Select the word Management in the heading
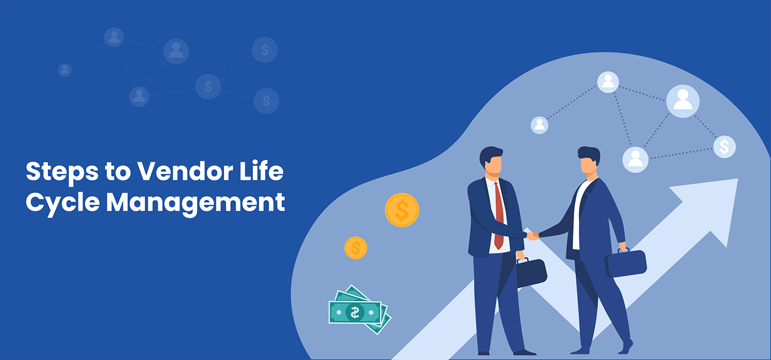point(195,202)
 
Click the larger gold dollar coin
point(401,210)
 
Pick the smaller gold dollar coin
point(356,248)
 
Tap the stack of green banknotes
point(360,310)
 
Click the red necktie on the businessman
point(499,216)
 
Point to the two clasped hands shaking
point(533,236)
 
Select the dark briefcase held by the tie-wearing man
point(531,272)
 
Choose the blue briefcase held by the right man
point(626,263)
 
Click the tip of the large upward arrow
point(738,179)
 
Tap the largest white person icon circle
point(683,101)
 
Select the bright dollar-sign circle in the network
point(725,147)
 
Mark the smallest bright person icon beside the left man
point(539,125)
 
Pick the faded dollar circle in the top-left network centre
point(208,86)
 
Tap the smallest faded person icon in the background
point(65,70)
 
